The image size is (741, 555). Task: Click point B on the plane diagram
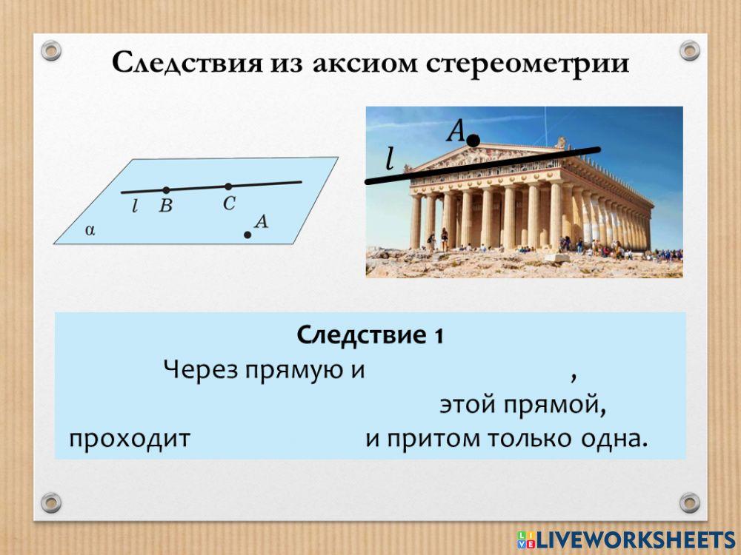[166, 190]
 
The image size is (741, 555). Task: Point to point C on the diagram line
[228, 186]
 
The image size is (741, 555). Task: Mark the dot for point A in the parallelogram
[247, 235]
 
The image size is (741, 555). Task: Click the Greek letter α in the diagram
[90, 229]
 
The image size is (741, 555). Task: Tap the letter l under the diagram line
[135, 206]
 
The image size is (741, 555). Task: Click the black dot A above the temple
[473, 140]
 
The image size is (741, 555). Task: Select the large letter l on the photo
[389, 158]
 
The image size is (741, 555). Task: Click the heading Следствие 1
[370, 335]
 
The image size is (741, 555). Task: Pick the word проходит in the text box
[130, 439]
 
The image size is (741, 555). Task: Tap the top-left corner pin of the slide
[51, 51]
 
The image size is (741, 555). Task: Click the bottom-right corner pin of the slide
[690, 502]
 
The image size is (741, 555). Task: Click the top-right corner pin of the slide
[690, 51]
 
